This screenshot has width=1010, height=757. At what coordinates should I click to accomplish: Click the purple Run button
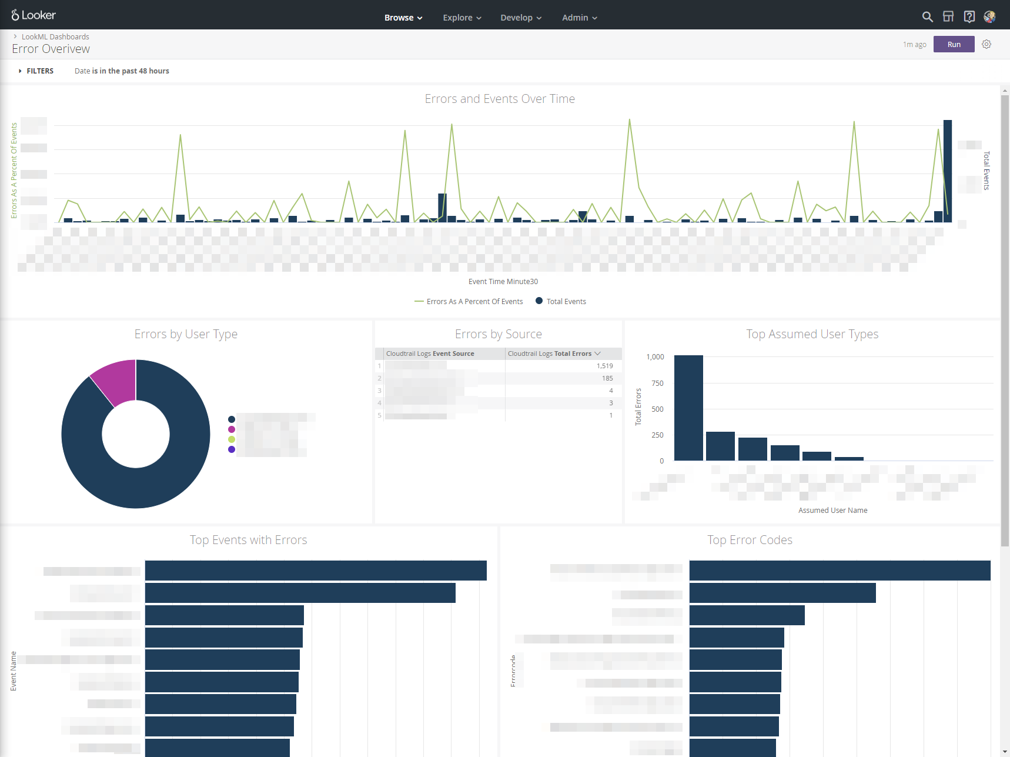tap(954, 44)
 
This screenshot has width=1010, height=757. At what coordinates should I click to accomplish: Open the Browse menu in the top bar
tap(403, 18)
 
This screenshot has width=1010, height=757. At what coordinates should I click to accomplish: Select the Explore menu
tap(462, 18)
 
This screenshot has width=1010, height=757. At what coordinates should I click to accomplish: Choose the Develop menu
tap(521, 18)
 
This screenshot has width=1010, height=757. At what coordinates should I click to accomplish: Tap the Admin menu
tap(579, 18)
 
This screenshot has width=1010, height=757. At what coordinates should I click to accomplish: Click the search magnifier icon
tap(927, 16)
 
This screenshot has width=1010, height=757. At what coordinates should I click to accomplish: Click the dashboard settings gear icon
tap(986, 44)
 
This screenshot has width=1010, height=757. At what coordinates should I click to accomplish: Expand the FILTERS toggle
tap(36, 71)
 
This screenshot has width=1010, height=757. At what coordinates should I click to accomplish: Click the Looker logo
tap(34, 15)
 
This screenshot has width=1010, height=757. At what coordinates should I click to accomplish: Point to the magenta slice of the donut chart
tap(115, 381)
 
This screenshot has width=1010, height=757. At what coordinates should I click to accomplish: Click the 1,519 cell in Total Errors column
tap(604, 366)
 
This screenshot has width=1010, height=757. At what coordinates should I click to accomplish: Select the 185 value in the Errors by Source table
tap(607, 378)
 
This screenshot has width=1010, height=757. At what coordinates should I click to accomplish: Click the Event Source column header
tap(430, 354)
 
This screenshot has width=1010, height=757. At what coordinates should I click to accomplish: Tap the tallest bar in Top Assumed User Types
tap(688, 408)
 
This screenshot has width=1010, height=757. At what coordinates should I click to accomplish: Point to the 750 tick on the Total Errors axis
tap(657, 383)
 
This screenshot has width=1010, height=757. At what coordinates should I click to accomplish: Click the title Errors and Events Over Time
tap(500, 99)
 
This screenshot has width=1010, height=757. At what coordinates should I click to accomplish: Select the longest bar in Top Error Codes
tap(840, 571)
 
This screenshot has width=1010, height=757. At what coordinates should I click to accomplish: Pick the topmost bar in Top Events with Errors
tap(316, 571)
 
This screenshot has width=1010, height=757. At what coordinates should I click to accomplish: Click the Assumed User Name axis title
tap(832, 511)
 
